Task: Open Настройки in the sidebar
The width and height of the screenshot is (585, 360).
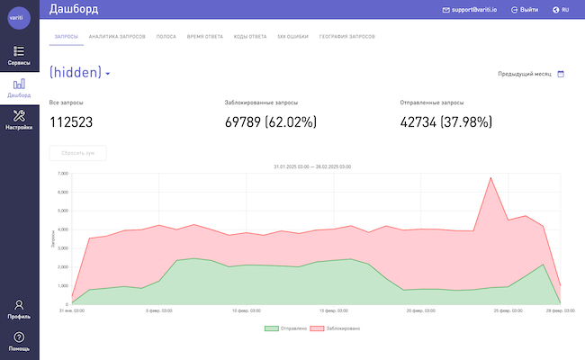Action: [19, 118]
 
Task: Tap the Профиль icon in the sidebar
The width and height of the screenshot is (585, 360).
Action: [19, 306]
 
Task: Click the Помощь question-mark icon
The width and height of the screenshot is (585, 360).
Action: [19, 337]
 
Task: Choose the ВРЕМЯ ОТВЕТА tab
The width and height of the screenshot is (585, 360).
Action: [204, 37]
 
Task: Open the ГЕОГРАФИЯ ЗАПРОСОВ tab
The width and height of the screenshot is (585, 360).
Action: [346, 37]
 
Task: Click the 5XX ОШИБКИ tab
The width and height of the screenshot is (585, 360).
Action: [292, 37]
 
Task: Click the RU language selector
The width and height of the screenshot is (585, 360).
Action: [560, 9]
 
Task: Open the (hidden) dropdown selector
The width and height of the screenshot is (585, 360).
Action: [80, 73]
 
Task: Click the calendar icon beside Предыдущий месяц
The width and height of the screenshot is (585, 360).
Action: [561, 74]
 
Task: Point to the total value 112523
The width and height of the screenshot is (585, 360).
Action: [71, 122]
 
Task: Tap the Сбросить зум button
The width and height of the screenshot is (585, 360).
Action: [78, 153]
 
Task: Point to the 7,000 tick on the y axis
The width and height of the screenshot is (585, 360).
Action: [62, 173]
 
